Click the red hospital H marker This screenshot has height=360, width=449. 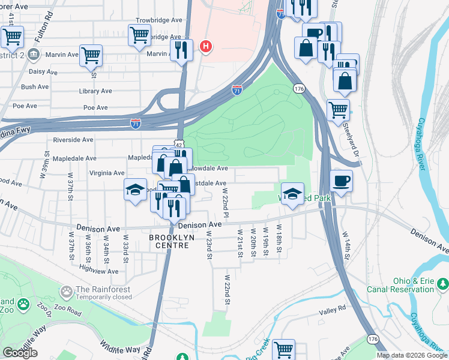click(x=206, y=46)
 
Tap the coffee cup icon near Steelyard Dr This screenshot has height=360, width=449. click(x=341, y=181)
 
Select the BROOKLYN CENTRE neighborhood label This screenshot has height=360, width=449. click(x=172, y=242)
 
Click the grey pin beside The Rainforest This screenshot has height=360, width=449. click(x=66, y=292)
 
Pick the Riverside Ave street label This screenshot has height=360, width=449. click(x=73, y=139)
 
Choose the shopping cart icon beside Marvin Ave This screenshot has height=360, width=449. click(x=91, y=55)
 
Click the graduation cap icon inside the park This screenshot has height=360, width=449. click(x=292, y=194)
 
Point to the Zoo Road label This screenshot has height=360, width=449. click(x=66, y=313)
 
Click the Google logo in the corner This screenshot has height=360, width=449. click(x=20, y=353)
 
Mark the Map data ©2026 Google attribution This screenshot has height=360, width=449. click(x=412, y=355)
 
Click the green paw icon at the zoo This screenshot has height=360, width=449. click(x=23, y=304)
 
